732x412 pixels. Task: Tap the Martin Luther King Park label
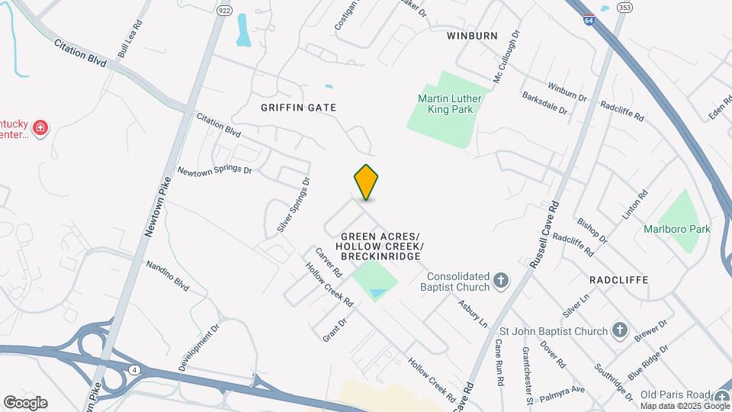[x=445, y=104]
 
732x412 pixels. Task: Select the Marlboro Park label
[x=677, y=229]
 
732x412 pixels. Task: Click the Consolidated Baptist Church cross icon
[x=501, y=282]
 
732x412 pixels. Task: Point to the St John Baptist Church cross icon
[x=620, y=331]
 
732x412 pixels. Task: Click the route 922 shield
[x=223, y=11]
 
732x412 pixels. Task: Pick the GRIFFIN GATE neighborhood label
[x=298, y=108]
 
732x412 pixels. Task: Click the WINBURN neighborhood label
[x=472, y=36]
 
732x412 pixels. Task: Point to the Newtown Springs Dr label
[x=214, y=169]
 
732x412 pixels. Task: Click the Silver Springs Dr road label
[x=294, y=205]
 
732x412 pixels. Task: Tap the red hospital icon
[x=40, y=128]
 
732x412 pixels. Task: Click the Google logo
[x=25, y=403]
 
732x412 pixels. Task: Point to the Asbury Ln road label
[x=473, y=313]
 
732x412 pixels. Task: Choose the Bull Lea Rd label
[x=130, y=39]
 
